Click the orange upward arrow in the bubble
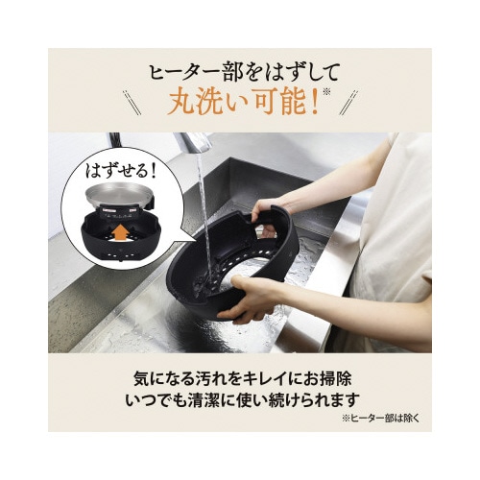tap(121, 233)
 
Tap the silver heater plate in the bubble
tap(118, 197)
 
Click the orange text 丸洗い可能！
tap(243, 103)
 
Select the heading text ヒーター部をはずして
tap(244, 73)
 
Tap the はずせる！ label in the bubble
tap(120, 171)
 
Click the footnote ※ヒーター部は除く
tap(380, 419)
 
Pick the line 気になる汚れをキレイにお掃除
tap(243, 379)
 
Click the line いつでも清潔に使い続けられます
tap(243, 400)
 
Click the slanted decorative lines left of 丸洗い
tap(132, 102)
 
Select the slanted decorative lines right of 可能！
tap(348, 103)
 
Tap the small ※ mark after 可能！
tap(325, 93)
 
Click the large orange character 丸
tap(181, 103)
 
